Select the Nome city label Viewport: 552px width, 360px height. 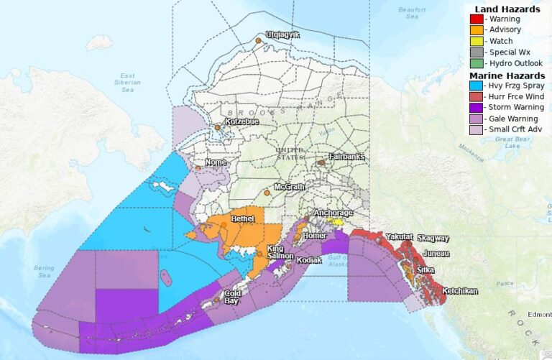(x=216, y=162)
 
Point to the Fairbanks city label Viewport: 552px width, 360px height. (x=346, y=157)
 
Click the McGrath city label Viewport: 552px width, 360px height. (x=290, y=186)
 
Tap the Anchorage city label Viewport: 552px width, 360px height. (x=332, y=213)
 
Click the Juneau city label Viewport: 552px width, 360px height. (x=436, y=254)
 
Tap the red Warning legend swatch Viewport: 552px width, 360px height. (x=476, y=19)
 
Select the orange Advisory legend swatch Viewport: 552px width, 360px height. (x=476, y=30)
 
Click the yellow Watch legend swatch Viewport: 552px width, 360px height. (x=476, y=41)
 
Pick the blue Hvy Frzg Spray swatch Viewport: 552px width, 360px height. (x=476, y=86)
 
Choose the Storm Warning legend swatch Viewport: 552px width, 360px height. (x=476, y=108)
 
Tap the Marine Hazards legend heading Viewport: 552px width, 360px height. (x=506, y=75)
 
